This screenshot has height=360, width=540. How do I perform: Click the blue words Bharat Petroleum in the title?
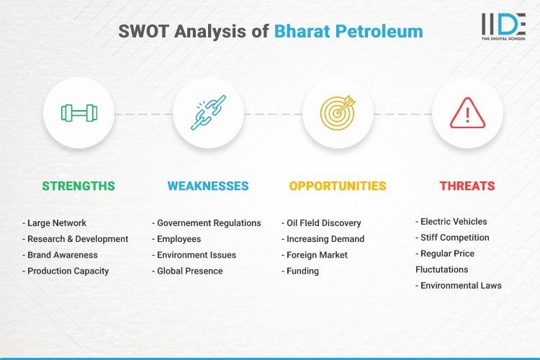[x=348, y=32]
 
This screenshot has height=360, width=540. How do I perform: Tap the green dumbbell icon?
[x=78, y=112]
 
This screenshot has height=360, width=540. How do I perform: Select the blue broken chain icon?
[x=207, y=112]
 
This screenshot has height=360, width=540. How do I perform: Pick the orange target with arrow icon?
[x=337, y=112]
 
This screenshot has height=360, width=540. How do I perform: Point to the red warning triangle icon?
[x=467, y=112]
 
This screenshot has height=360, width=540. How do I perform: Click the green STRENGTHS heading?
[x=78, y=186]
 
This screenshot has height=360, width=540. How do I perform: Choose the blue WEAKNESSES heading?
[x=207, y=186]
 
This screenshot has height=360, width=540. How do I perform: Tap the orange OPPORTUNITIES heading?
[x=337, y=186]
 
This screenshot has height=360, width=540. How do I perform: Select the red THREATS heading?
[x=467, y=186]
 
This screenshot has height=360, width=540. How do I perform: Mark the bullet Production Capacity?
[x=66, y=271]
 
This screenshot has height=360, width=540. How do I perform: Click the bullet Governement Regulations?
[x=207, y=223]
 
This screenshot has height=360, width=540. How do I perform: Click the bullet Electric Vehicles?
[x=451, y=222]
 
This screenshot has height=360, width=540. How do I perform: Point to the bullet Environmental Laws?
[x=459, y=285]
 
